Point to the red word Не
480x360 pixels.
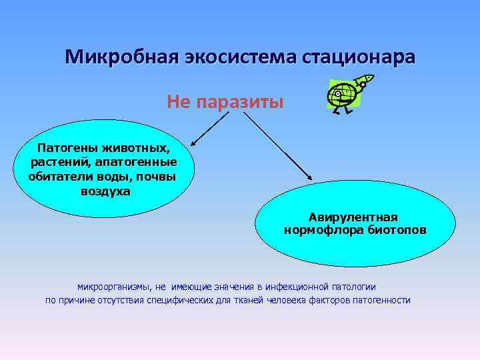point(178,102)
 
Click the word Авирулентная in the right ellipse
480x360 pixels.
point(353,217)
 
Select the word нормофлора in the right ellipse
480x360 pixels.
point(319,231)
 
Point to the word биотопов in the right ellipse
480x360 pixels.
point(393,231)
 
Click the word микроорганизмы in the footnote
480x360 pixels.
point(113,287)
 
